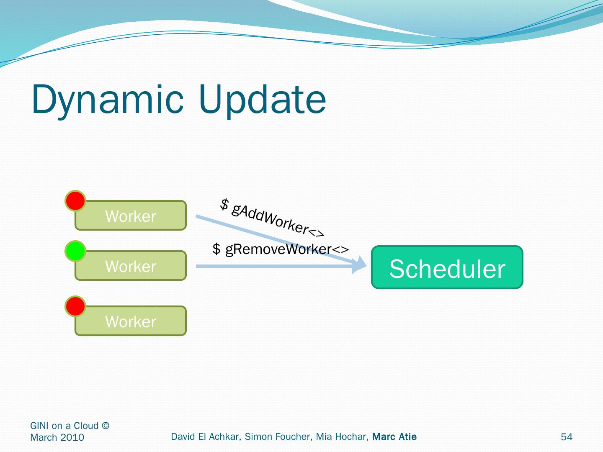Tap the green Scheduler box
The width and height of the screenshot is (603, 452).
(447, 267)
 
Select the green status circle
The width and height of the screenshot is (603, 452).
(75, 251)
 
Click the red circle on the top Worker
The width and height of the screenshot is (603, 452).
(75, 200)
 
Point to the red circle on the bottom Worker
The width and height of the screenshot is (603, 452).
(75, 306)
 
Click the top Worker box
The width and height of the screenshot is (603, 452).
(131, 216)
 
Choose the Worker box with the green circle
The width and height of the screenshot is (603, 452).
(131, 266)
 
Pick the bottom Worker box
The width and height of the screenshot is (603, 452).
(131, 321)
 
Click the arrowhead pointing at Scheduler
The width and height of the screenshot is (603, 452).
(359, 265)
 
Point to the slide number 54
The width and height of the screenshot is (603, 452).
(567, 437)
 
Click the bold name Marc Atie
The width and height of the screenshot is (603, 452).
(394, 437)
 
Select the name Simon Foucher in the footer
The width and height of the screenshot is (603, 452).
(278, 437)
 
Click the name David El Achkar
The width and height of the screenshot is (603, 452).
(206, 437)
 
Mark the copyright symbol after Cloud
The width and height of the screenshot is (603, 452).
(106, 425)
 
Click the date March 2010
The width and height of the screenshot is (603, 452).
(57, 437)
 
